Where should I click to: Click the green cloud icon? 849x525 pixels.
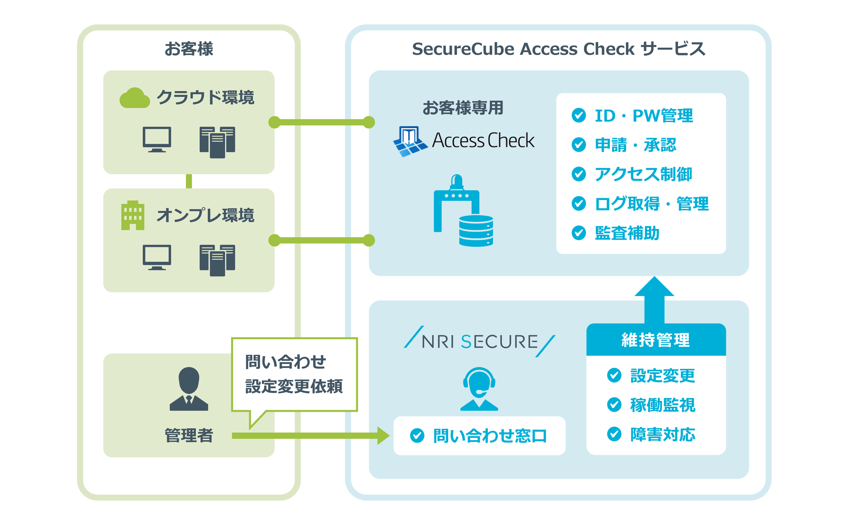pos(134,98)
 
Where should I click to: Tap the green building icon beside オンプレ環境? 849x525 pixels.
pos(132,215)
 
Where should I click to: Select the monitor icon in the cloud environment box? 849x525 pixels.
pos(157,139)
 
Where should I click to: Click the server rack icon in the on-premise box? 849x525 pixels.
pos(217,260)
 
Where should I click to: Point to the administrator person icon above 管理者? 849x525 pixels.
pos(189,389)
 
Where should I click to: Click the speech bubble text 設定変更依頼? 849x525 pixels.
pos(294,386)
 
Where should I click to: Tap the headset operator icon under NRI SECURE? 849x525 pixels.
pos(479,389)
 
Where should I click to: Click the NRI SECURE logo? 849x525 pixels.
pos(479,342)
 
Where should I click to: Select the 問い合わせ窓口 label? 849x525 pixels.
pos(490,436)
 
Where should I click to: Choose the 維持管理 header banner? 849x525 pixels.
pos(656,340)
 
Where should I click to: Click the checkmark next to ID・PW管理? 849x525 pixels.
pos(579,115)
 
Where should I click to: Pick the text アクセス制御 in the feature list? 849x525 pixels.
pos(643,174)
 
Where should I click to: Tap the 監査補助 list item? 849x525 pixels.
pos(627,233)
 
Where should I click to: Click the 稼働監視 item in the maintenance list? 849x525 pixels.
pos(662,405)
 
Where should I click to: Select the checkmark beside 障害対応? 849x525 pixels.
pos(614,434)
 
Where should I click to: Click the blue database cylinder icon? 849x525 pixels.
pos(476,231)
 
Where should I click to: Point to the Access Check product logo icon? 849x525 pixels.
pos(410,141)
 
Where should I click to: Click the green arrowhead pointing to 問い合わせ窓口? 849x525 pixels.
pos(383,436)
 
